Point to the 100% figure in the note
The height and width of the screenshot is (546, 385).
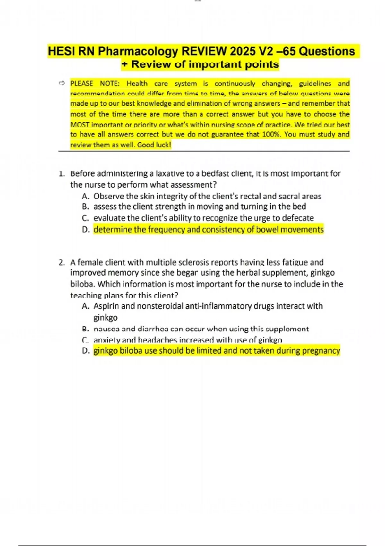(271, 134)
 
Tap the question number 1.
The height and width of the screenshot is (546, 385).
(61, 174)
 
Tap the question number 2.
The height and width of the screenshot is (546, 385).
(61, 262)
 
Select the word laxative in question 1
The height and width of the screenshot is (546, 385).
(169, 174)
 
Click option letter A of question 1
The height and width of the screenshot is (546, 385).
(85, 196)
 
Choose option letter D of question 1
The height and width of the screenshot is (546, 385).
(85, 230)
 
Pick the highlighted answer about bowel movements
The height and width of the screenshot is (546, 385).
(209, 230)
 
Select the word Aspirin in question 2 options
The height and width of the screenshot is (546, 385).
(106, 306)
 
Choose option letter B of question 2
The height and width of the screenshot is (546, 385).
(85, 329)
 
